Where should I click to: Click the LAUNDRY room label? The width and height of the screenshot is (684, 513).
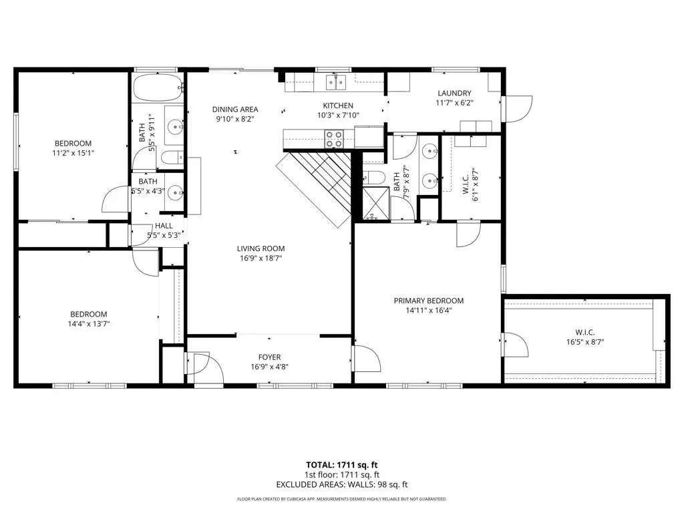[454, 93]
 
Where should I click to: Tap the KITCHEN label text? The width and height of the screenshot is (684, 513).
[338, 106]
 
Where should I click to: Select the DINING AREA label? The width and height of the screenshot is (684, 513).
[235, 110]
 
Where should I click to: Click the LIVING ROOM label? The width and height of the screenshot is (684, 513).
[261, 248]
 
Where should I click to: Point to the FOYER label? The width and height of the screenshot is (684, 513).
[270, 357]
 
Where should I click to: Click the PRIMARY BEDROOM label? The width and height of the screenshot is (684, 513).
[429, 301]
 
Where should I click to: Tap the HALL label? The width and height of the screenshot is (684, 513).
[164, 226]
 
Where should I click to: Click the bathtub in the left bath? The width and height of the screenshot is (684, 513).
[158, 88]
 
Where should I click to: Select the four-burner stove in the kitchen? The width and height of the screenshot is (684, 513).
[334, 139]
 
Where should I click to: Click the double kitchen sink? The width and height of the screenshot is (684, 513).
[335, 82]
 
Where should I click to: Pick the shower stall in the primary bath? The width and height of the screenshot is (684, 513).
[375, 202]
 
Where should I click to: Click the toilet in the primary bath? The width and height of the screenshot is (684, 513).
[373, 177]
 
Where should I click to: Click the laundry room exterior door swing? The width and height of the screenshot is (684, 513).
[518, 109]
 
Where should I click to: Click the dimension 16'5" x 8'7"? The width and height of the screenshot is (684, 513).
[585, 343]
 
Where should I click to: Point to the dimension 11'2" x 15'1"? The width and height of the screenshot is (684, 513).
[73, 153]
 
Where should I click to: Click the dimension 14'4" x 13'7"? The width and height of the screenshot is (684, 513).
[89, 324]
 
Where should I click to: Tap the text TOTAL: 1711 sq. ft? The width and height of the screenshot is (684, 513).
[341, 465]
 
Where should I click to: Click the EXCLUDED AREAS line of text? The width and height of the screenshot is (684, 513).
[341, 485]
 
